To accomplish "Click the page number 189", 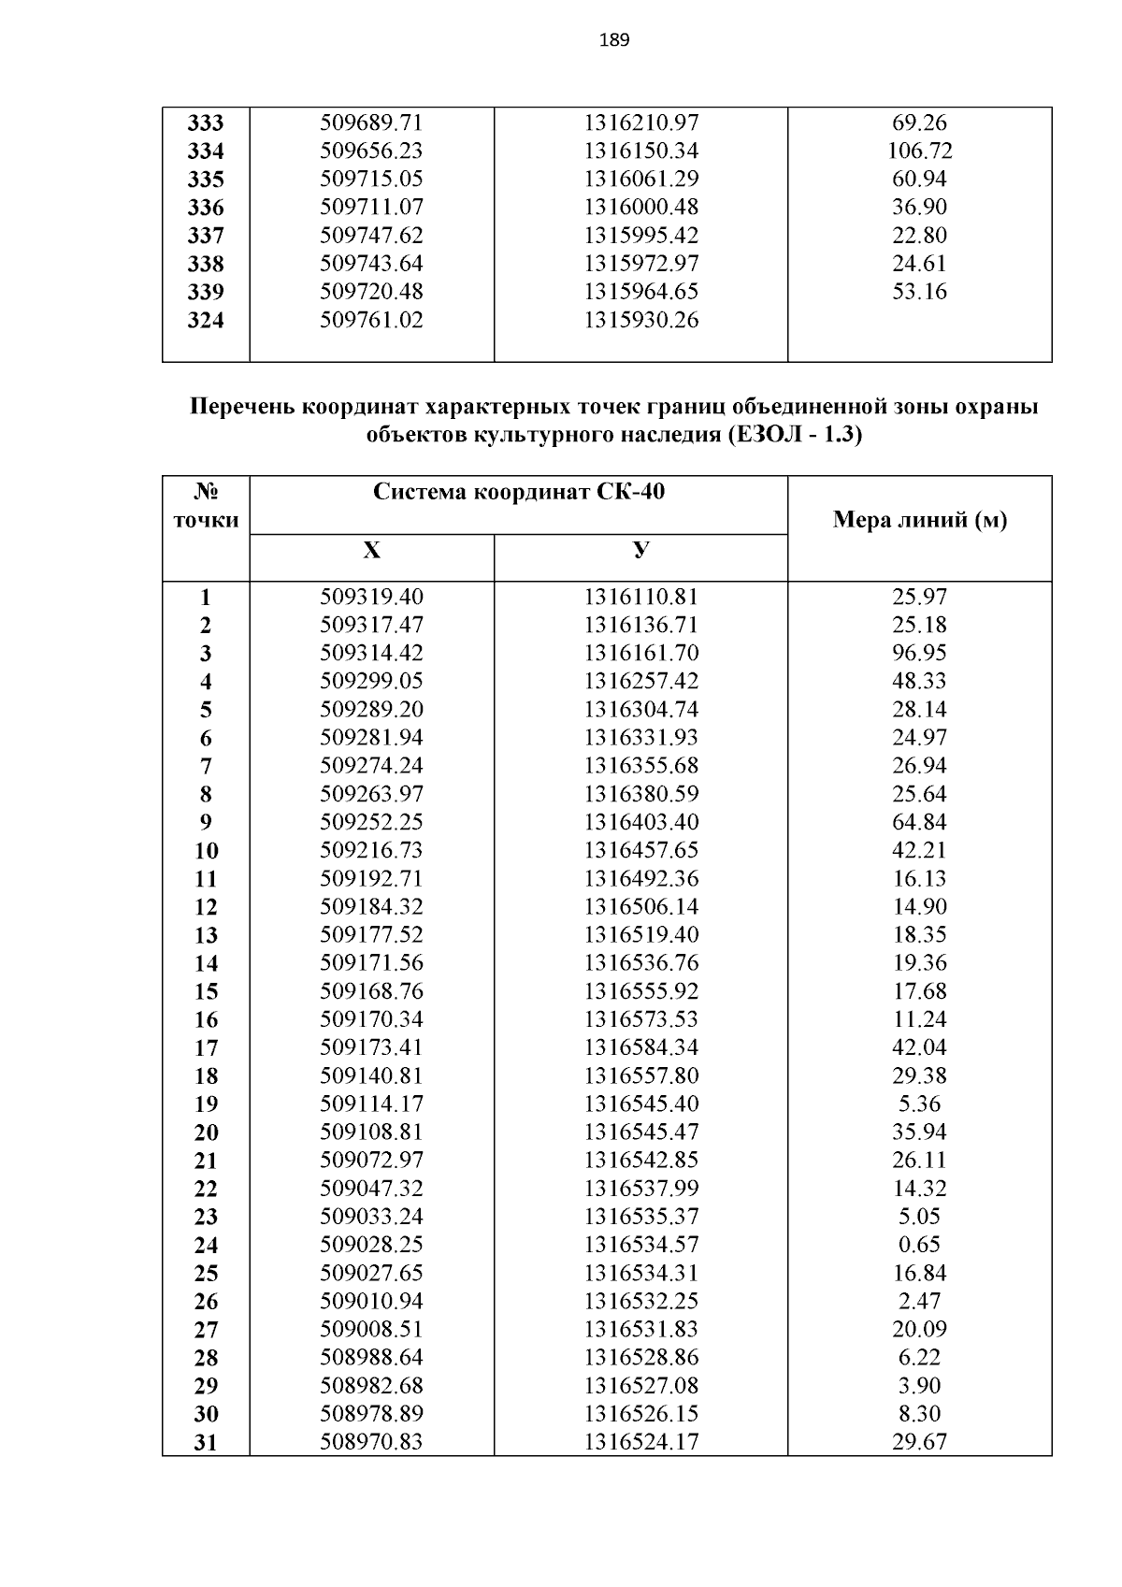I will (613, 40).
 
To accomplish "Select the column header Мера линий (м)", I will (919, 521).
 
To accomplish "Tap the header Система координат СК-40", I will (519, 492).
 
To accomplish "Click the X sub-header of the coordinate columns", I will (371, 551).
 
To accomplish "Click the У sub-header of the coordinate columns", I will (640, 551).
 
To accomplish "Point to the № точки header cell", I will (206, 506).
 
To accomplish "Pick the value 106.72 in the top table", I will (919, 151).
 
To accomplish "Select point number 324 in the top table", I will (206, 321).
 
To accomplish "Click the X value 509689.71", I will (371, 123).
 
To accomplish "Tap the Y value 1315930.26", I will (640, 321).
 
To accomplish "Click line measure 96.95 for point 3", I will (919, 653).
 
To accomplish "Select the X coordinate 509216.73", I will (371, 850).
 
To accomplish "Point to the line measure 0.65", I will (919, 1245).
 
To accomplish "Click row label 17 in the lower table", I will (206, 1048).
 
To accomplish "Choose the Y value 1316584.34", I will (640, 1047).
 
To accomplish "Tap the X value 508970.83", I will (371, 1442).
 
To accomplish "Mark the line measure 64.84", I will (919, 822).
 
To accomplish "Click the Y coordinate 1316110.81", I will (640, 597).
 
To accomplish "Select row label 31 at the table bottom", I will (206, 1443).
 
